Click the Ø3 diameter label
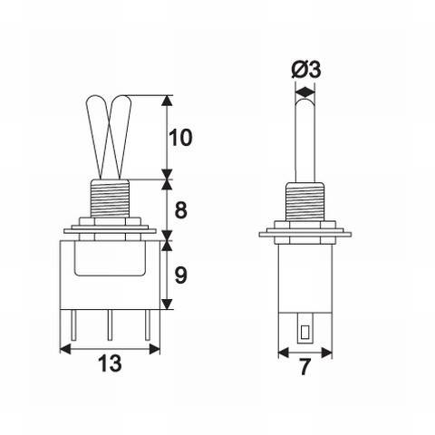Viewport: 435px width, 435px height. [x=304, y=70]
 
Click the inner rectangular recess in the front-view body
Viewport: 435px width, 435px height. [x=109, y=260]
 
